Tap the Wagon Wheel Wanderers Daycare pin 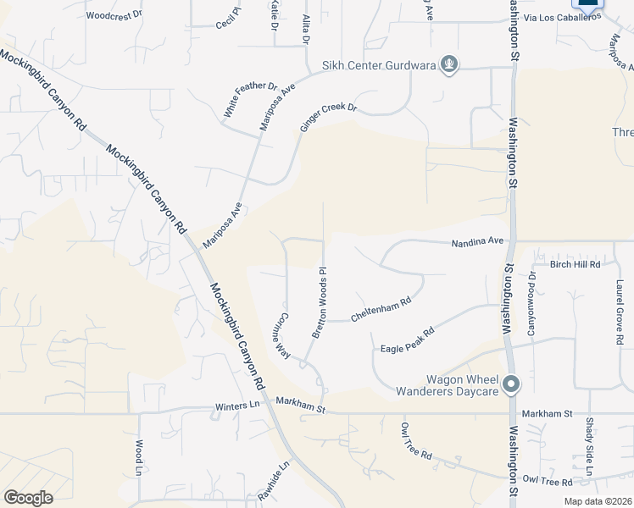click(x=510, y=385)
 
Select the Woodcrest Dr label click(x=115, y=15)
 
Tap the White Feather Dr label click(x=251, y=100)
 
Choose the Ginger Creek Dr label click(x=329, y=118)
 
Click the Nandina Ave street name click(x=477, y=241)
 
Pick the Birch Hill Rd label click(x=575, y=264)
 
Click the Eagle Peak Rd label click(x=407, y=340)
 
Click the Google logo click(x=28, y=498)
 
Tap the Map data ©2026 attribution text click(x=598, y=501)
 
